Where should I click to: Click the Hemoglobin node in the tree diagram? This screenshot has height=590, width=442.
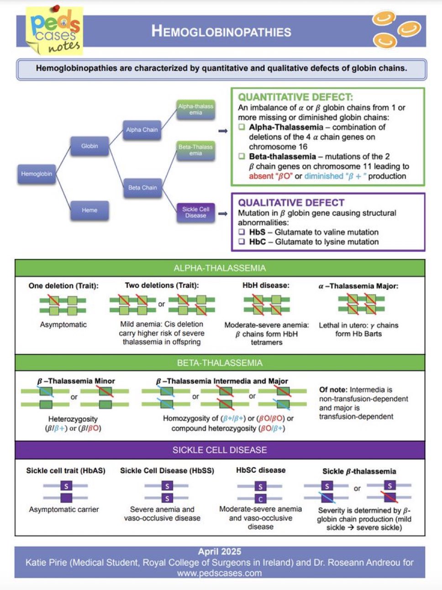click(x=37, y=174)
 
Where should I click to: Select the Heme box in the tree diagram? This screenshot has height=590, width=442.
click(x=89, y=210)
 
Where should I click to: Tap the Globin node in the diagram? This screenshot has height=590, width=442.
click(x=89, y=146)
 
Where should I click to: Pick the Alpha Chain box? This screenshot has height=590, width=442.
click(x=142, y=130)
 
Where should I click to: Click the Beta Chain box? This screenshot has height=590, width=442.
click(x=142, y=188)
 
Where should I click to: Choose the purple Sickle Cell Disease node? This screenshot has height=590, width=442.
click(x=195, y=213)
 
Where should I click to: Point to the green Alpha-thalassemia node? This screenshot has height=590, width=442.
click(x=195, y=110)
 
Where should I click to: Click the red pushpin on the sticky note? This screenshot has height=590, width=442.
click(x=57, y=8)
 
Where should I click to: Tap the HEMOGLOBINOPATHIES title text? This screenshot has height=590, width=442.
click(x=221, y=31)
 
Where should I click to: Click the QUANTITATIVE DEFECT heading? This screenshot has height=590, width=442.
click(x=295, y=97)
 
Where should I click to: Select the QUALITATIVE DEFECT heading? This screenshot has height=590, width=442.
click(x=291, y=203)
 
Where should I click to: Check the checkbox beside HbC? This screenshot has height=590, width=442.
click(x=242, y=242)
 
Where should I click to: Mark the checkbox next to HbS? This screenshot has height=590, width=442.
click(x=242, y=232)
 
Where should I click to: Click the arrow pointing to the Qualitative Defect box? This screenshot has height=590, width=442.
click(x=223, y=214)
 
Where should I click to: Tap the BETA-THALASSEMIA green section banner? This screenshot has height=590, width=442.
click(x=220, y=363)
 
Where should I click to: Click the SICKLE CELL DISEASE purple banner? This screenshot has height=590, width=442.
click(x=220, y=450)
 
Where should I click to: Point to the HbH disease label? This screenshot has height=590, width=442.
click(x=266, y=286)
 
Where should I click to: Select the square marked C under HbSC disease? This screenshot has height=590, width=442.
click(x=260, y=499)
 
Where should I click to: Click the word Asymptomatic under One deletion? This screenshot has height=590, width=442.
click(x=63, y=324)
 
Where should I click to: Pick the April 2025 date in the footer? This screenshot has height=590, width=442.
click(x=220, y=552)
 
